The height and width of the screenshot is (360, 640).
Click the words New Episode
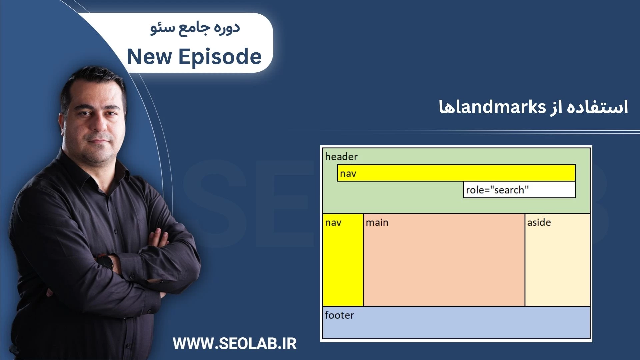point(194,57)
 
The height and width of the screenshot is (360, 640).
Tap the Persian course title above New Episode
point(195,28)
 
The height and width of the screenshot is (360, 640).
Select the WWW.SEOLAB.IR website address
point(235,344)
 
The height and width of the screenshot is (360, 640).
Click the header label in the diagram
point(341,157)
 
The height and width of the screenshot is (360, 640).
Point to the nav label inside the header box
point(348,174)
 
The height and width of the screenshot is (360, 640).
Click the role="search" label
point(497,190)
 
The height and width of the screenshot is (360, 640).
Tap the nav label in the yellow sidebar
point(333,223)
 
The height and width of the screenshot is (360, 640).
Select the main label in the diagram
point(377,222)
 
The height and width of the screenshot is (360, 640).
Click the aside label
point(539,222)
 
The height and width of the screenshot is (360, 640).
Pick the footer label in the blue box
point(339,315)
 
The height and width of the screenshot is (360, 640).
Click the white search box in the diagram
point(519,190)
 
